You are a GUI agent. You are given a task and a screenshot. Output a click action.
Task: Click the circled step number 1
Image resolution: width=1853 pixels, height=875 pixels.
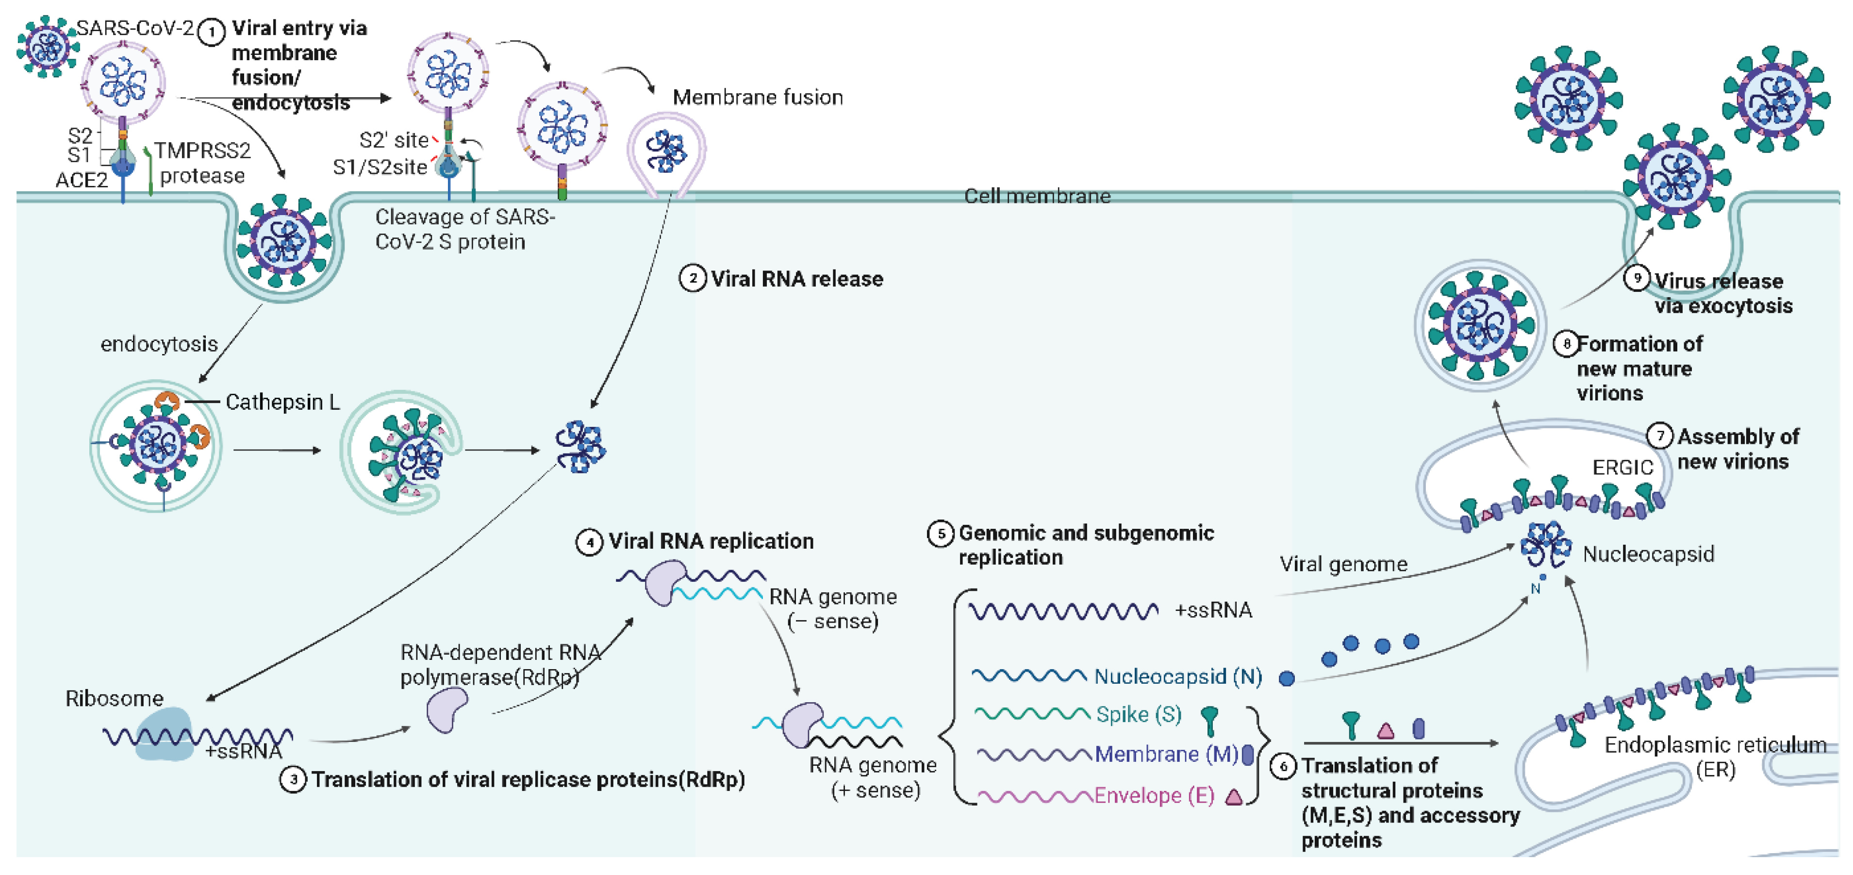(211, 33)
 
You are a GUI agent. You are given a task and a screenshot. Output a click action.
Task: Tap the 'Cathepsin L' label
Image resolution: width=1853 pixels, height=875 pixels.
(282, 402)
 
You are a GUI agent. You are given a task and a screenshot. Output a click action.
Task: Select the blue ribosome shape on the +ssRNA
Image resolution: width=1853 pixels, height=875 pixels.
(165, 734)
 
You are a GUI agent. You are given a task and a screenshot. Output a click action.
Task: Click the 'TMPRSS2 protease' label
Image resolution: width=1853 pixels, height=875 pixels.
(202, 163)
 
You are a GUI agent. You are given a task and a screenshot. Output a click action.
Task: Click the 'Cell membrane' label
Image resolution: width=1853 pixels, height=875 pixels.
(1037, 196)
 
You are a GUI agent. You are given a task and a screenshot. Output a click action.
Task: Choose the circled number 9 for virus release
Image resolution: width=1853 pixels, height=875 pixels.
(1637, 278)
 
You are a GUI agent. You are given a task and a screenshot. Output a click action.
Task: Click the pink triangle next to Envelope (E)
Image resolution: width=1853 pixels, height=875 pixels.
(1234, 796)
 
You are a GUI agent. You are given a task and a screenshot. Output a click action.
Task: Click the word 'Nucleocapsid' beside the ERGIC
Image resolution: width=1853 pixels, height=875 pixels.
(1648, 554)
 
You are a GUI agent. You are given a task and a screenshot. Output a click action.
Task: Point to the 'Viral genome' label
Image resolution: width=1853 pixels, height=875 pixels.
(1343, 564)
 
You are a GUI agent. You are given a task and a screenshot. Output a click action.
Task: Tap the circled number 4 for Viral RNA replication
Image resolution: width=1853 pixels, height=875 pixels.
(590, 542)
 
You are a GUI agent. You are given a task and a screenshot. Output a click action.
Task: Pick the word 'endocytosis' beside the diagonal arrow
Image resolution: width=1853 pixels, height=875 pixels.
(159, 345)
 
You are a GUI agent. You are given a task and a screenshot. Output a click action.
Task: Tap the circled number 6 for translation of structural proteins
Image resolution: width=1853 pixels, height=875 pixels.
(1283, 766)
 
